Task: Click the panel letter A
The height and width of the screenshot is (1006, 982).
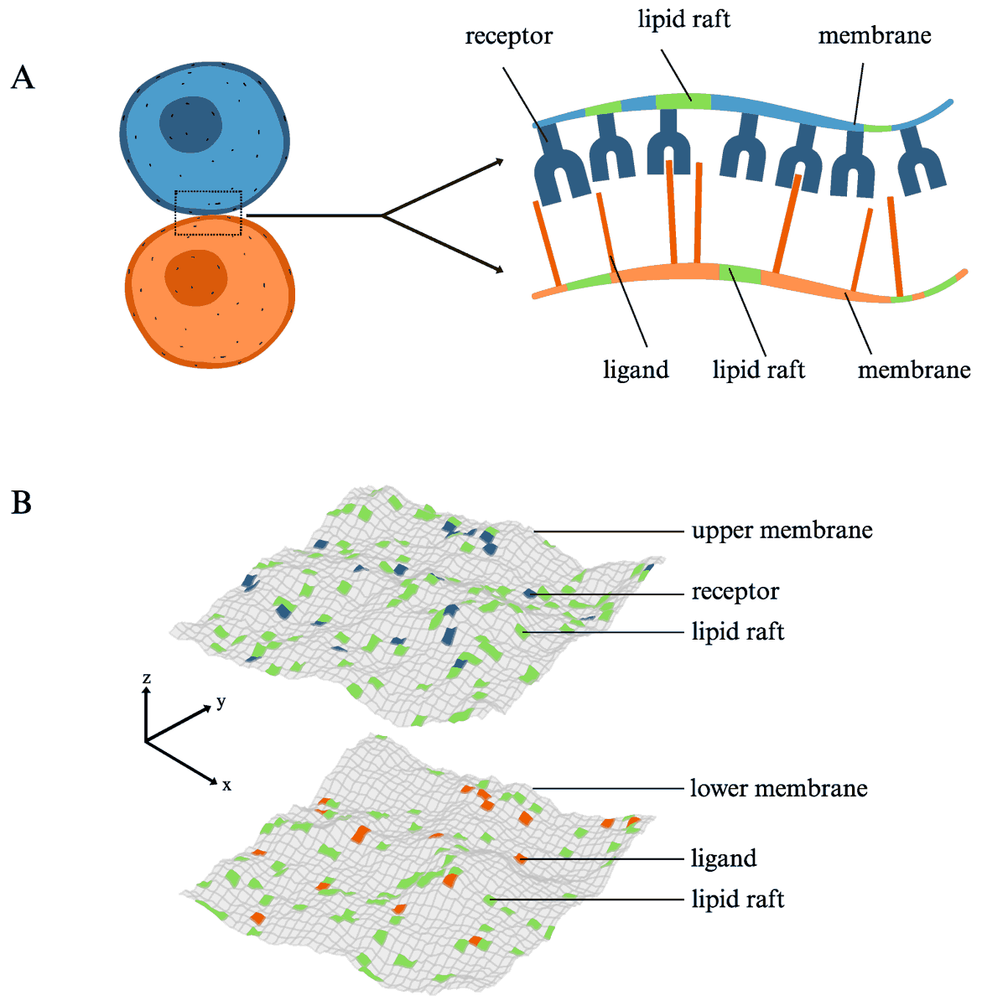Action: [x=23, y=78]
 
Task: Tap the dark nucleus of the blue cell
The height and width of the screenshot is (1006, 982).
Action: [x=191, y=125]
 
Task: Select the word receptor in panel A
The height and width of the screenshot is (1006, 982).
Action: [x=508, y=37]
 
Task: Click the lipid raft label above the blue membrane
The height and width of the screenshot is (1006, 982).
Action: [x=683, y=19]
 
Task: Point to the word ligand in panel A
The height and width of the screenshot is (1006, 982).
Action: [x=636, y=370]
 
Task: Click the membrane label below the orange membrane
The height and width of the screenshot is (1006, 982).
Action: [x=913, y=370]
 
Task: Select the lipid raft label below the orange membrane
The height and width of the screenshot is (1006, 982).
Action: [x=758, y=370]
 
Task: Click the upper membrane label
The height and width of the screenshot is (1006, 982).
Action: [x=782, y=531]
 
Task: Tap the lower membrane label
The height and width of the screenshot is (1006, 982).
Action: [x=778, y=788]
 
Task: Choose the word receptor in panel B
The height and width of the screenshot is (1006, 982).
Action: [x=735, y=592]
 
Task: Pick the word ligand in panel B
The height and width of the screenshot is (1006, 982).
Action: [x=724, y=858]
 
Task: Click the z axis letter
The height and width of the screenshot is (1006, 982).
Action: [x=146, y=677]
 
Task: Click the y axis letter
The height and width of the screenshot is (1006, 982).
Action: [x=221, y=703]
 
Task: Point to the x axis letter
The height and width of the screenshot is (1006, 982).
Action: [x=226, y=786]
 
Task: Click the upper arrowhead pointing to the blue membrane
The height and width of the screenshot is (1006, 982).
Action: [x=500, y=161]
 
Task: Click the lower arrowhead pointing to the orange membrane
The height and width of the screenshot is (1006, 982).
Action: [x=500, y=269]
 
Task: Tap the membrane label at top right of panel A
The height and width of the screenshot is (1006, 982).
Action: [x=874, y=36]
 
